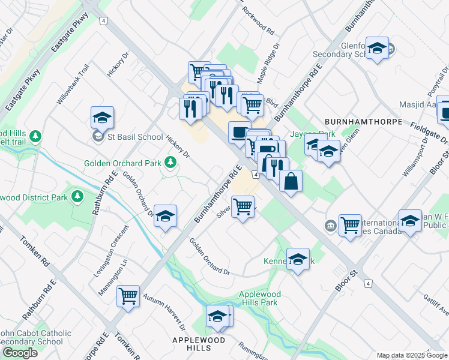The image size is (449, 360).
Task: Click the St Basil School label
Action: click(x=135, y=137)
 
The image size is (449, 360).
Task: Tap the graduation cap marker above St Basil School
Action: click(x=102, y=118)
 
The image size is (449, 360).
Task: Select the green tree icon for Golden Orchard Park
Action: click(x=171, y=162)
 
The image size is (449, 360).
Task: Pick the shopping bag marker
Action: click(x=291, y=182)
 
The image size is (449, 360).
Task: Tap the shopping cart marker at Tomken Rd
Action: click(x=128, y=296)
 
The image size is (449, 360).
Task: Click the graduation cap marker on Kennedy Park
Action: click(x=298, y=259)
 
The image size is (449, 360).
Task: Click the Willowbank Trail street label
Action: click(x=73, y=90)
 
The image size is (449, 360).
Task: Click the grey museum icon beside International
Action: click(x=330, y=226)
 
